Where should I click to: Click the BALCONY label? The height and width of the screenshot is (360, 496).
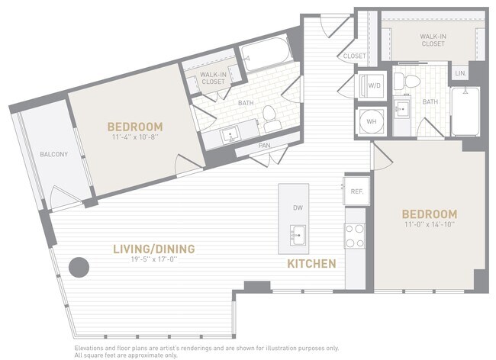[54, 155]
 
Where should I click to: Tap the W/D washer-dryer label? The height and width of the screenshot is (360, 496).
[375, 85]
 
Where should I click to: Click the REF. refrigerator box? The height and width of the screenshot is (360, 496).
[356, 191]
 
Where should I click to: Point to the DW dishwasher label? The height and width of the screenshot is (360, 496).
[298, 207]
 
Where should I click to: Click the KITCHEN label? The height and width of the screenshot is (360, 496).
[311, 265]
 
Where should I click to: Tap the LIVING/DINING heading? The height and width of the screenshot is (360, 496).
[153, 249]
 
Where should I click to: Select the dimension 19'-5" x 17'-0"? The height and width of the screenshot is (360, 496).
[153, 260]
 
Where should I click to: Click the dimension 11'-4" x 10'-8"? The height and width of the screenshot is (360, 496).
[135, 139]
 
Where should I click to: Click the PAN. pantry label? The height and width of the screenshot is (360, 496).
[265, 145]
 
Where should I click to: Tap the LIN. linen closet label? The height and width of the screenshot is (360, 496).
[459, 73]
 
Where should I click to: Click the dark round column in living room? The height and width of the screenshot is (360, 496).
[79, 267]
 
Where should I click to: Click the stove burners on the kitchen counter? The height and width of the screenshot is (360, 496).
[355, 236]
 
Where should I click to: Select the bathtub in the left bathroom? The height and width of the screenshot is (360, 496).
[265, 55]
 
